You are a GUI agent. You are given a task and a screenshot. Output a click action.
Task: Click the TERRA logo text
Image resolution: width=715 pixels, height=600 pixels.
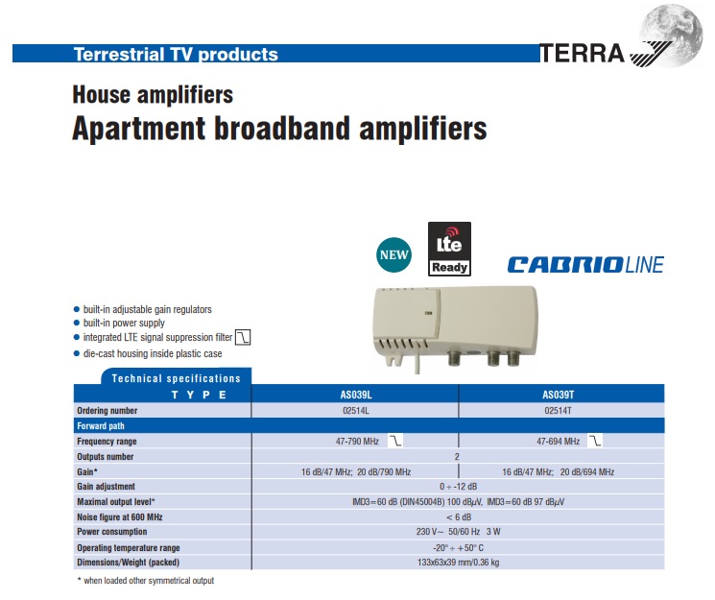tap(582, 54)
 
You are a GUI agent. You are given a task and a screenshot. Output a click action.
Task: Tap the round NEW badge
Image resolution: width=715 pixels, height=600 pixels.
tap(393, 254)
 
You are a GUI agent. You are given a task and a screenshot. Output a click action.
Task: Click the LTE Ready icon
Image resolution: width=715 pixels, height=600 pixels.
tap(449, 249)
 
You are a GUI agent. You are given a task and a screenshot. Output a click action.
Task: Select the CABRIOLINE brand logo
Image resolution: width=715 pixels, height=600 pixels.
tap(586, 265)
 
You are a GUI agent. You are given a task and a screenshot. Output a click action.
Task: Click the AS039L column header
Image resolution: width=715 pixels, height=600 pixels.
tap(356, 395)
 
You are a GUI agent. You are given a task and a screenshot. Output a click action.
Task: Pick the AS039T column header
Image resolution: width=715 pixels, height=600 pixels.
tap(559, 395)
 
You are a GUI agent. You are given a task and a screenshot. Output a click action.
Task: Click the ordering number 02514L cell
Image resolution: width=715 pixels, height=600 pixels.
tap(356, 411)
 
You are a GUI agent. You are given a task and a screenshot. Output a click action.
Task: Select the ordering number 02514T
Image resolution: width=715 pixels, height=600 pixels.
tap(559, 411)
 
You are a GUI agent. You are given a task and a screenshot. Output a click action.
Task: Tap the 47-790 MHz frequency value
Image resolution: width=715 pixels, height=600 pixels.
tap(357, 442)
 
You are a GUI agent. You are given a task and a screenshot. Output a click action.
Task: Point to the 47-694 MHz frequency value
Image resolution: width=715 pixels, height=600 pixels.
tap(559, 442)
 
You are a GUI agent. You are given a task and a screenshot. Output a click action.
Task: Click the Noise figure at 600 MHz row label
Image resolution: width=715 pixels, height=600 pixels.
tap(119, 516)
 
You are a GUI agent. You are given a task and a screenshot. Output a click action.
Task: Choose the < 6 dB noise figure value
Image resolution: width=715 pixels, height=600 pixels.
tap(459, 516)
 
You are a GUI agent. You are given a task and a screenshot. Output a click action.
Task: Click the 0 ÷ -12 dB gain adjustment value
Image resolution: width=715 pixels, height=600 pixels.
tap(459, 487)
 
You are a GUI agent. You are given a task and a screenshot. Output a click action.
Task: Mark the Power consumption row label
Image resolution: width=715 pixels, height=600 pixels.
tap(111, 532)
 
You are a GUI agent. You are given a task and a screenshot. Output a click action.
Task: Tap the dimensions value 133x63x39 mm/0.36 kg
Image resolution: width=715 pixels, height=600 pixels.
tap(459, 563)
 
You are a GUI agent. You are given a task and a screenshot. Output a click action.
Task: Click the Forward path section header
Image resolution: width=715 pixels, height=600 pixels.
tap(101, 425)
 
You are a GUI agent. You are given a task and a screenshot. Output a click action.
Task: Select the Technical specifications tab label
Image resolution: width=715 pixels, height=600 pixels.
tap(176, 378)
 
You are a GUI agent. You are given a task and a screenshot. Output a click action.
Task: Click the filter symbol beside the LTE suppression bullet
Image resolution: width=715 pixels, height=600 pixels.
tap(243, 337)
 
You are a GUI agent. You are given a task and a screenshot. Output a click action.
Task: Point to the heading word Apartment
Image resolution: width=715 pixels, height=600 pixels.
tap(138, 130)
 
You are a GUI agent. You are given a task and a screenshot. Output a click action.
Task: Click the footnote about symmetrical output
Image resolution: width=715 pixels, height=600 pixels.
tap(146, 581)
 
